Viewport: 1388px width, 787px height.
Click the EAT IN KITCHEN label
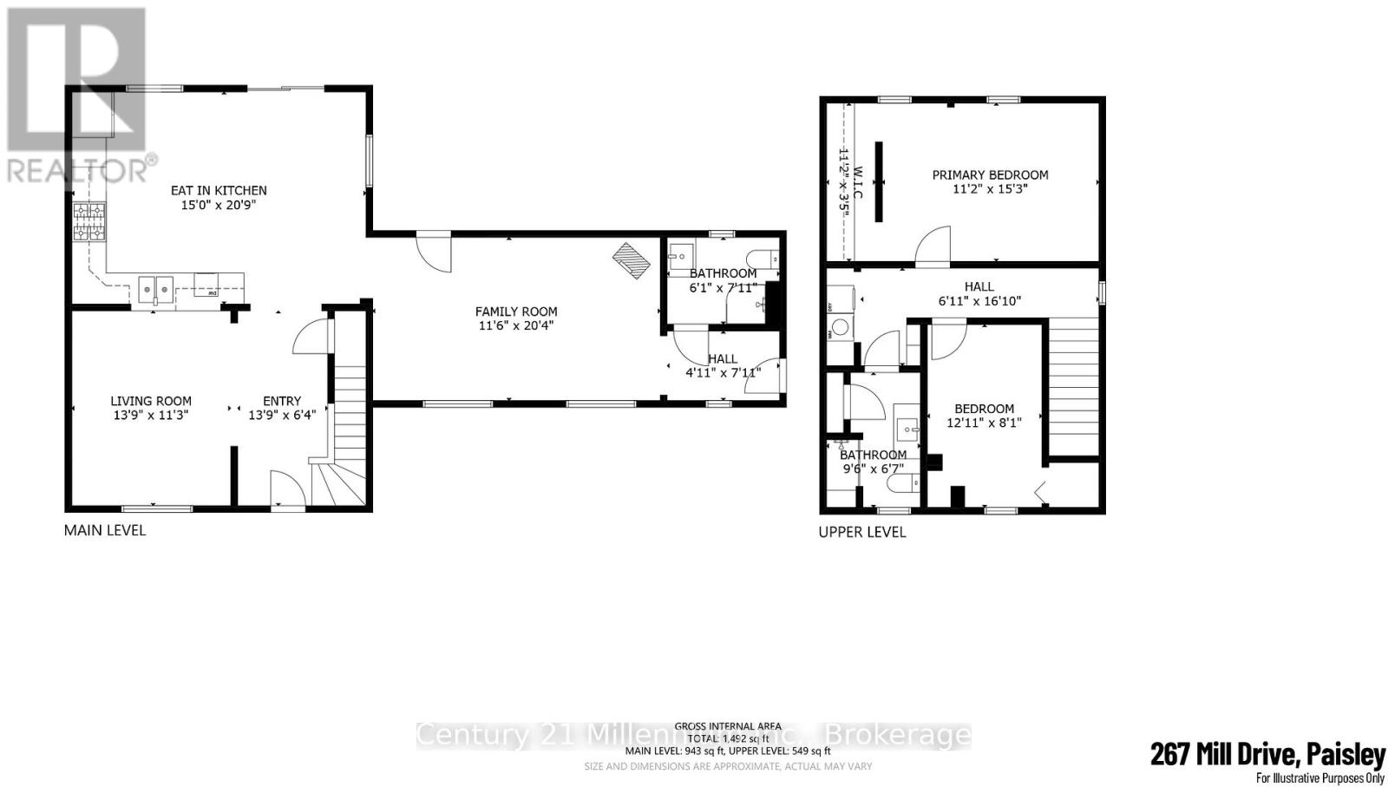coord(218,190)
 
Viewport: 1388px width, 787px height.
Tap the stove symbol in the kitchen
coord(89,221)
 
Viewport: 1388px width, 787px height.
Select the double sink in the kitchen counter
coord(156,290)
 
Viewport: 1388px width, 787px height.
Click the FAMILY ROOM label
coord(516,312)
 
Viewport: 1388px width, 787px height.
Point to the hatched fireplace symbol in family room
coord(632,260)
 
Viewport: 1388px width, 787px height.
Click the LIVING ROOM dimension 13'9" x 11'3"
coord(150,416)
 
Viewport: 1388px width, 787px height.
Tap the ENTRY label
coord(282,401)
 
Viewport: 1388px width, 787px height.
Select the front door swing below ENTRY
coord(288,490)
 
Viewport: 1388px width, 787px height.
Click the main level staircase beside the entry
coord(350,416)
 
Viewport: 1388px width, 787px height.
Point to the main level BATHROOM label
coord(723,273)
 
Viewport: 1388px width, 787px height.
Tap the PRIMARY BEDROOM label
coord(990,174)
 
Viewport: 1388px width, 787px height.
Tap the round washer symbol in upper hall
coord(840,330)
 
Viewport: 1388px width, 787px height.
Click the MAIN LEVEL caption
coord(105,529)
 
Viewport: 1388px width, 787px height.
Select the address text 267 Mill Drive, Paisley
coord(1267,754)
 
